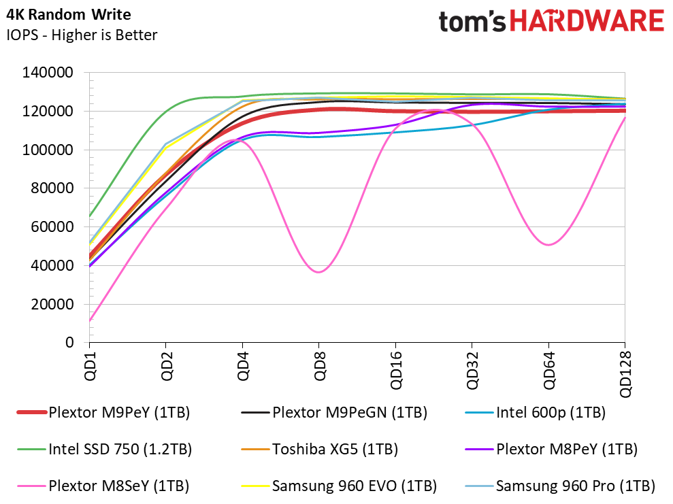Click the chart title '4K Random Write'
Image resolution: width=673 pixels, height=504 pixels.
(69, 14)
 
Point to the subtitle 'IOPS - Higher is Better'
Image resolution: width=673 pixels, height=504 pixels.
(82, 35)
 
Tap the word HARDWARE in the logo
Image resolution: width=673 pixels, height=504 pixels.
(587, 20)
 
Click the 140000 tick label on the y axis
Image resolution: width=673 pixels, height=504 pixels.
(48, 72)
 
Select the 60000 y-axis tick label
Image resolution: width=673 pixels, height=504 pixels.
(52, 226)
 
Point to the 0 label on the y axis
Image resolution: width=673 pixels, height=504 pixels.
(69, 342)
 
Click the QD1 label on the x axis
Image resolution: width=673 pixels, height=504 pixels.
(90, 366)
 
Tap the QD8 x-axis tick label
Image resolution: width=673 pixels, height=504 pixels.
(319, 366)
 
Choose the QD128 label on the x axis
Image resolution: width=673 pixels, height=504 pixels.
(625, 374)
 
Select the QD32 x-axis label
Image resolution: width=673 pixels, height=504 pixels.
(472, 370)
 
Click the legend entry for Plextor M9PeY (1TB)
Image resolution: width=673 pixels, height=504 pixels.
(103, 413)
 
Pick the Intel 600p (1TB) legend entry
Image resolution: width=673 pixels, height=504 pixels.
(536, 413)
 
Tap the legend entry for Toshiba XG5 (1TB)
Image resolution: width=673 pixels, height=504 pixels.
(320, 449)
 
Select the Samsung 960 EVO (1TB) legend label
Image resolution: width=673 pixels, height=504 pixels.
(339, 486)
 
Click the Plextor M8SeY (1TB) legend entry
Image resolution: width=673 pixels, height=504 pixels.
(103, 486)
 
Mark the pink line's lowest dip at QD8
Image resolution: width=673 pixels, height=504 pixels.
(318, 272)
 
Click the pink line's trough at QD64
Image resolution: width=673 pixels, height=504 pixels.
(548, 245)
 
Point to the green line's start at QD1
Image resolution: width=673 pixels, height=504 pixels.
(90, 216)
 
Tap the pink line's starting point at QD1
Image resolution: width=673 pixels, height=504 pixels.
(90, 320)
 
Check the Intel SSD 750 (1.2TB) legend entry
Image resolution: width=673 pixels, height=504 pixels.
(104, 449)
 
